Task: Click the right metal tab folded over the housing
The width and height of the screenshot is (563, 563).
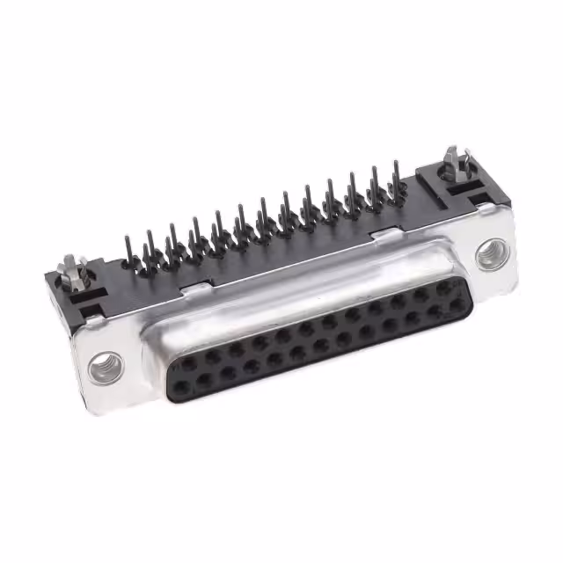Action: tap(383, 234)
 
